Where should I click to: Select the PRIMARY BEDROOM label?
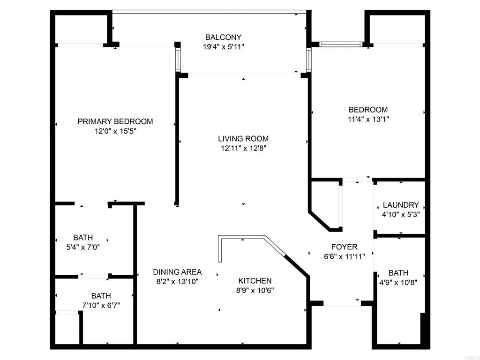pos(115,121)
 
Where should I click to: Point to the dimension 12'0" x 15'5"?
pos(115,132)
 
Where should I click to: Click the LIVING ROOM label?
pos(243,138)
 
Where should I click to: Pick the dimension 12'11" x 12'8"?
pos(243,149)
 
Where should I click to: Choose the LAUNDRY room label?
pos(401,205)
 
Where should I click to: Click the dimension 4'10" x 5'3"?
pos(401,215)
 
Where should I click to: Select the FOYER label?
pos(344,247)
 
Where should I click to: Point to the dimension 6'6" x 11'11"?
pos(344,256)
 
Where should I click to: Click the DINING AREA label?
pos(178,272)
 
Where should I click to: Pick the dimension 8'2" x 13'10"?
pos(178,282)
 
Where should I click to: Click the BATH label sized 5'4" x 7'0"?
pos(83,237)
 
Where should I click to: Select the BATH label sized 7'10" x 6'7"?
pos(101,296)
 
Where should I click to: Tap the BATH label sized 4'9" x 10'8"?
pos(398,273)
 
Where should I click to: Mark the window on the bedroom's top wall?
pos(341,45)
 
